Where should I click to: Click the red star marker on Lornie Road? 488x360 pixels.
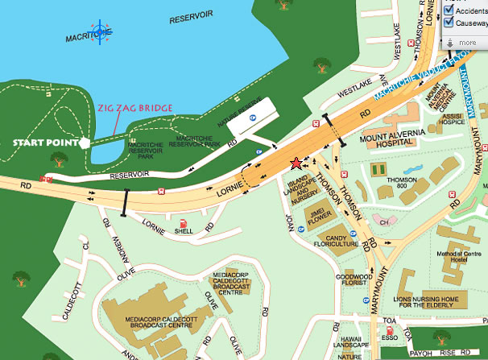pos(297,162)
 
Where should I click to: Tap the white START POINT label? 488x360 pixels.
pos(44,143)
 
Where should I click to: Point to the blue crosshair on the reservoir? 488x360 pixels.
pos(101,31)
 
